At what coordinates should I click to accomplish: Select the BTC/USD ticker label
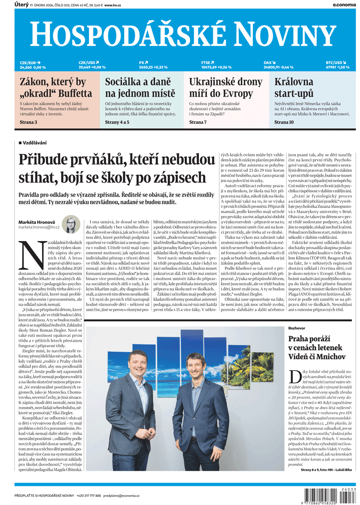[336, 63]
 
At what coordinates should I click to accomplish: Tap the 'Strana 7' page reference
[198, 122]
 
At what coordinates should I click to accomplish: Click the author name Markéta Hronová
[36, 222]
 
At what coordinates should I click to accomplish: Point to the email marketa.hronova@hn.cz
[39, 228]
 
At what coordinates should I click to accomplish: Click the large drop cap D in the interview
[294, 376]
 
